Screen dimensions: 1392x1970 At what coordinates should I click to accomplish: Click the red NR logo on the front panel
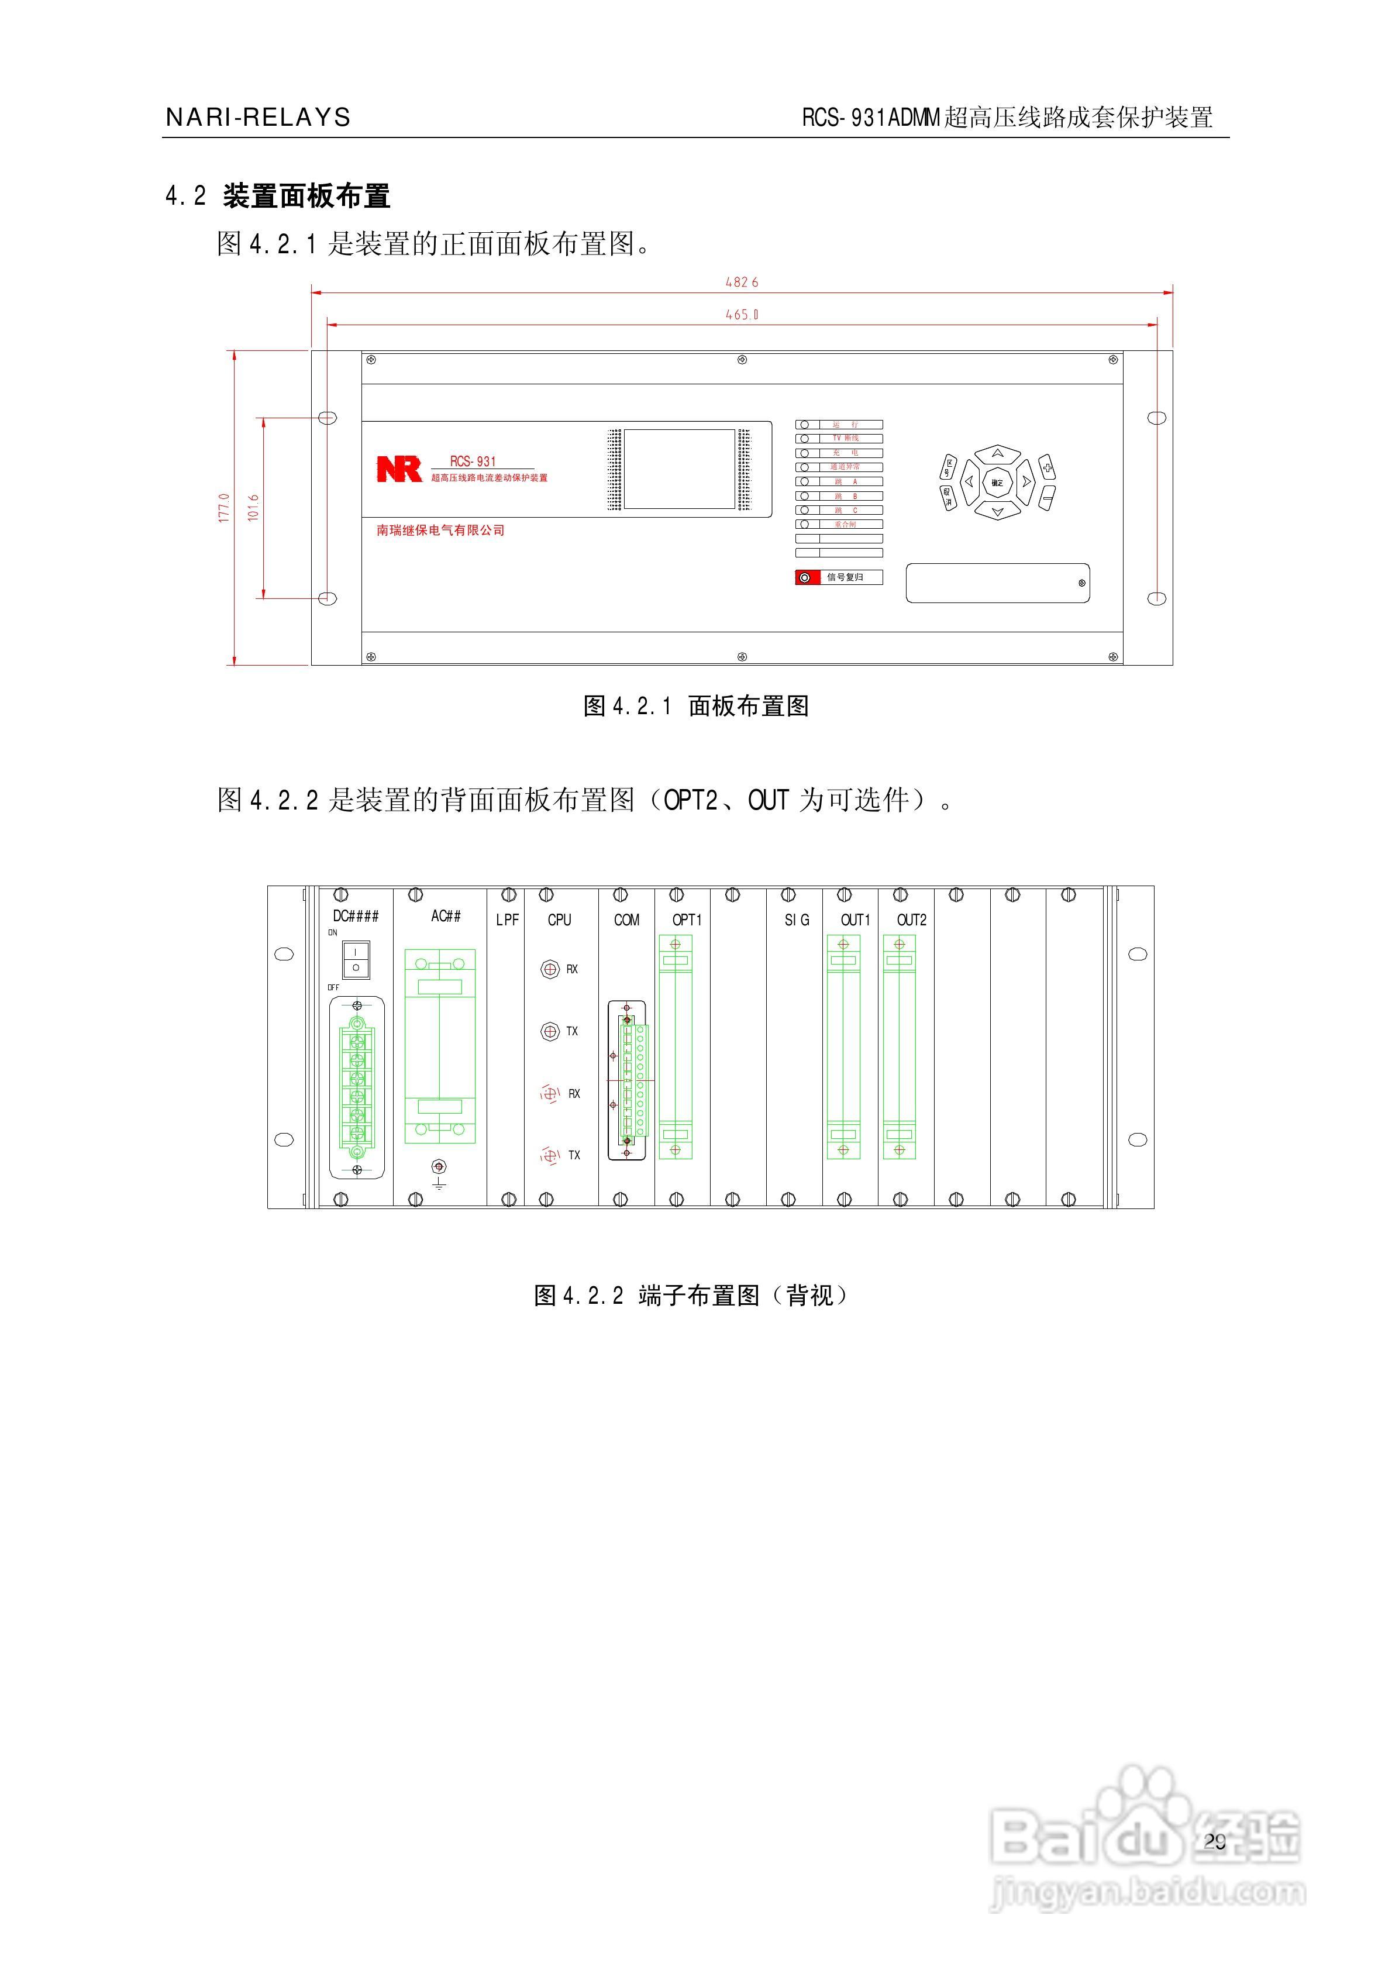(399, 469)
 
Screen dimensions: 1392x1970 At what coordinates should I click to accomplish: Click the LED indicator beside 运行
(804, 425)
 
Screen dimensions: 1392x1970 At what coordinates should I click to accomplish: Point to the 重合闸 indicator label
(845, 524)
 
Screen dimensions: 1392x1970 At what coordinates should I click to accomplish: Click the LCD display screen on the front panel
(679, 469)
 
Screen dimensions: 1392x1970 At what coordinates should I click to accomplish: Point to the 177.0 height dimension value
(224, 508)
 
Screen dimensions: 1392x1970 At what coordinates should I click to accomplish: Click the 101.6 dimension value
(253, 508)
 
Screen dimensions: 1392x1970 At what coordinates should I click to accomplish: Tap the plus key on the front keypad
(1047, 467)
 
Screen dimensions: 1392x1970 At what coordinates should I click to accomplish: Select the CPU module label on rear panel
(560, 920)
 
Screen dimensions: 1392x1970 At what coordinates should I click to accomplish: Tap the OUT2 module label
(911, 920)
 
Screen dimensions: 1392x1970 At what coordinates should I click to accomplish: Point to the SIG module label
(797, 920)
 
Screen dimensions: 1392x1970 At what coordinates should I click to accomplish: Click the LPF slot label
(507, 920)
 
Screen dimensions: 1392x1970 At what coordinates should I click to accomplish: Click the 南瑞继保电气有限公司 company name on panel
(440, 531)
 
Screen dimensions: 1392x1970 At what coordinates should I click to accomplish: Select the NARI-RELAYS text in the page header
(257, 118)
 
